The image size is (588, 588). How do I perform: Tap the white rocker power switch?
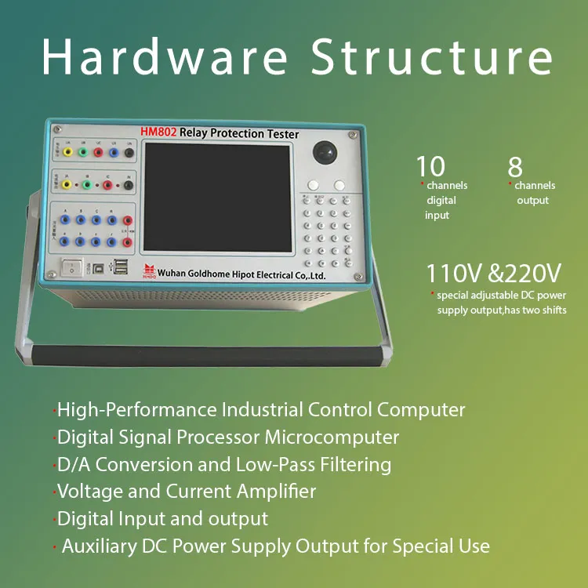coord(72,267)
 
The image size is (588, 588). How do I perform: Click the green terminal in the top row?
coord(82,152)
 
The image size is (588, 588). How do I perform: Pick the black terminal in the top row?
coord(129,152)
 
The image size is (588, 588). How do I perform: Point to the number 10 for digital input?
coord(430,166)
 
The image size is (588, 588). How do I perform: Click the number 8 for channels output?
coord(515,166)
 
